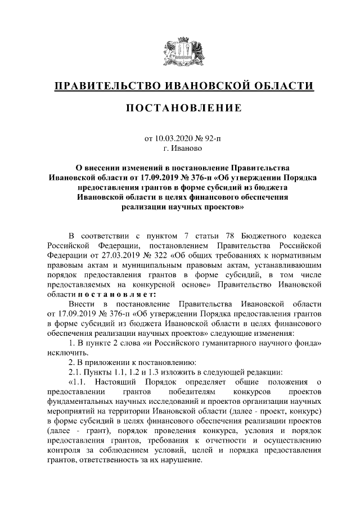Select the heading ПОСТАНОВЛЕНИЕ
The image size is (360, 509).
point(179,108)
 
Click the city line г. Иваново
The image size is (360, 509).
point(179,149)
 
